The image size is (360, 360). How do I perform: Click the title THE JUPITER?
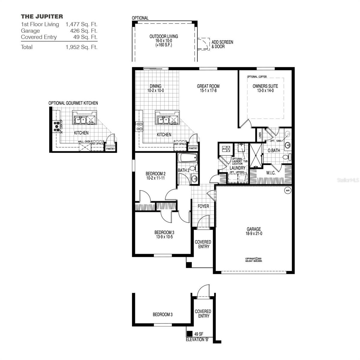(42, 16)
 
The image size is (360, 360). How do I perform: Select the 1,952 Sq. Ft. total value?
(81, 47)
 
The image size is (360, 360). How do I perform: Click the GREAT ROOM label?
(208, 86)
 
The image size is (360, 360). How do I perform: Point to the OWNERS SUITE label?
(265, 86)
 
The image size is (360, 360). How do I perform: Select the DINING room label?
(155, 86)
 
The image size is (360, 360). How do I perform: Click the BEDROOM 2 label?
(155, 173)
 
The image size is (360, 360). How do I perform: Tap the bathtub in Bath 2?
(187, 157)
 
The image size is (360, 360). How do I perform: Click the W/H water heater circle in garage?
(287, 190)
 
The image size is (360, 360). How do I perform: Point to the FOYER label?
(203, 206)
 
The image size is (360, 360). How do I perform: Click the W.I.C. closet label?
(271, 173)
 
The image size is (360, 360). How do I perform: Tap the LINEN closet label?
(260, 136)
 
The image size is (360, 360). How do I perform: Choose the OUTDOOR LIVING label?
(164, 37)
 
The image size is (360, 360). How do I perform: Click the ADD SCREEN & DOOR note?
(222, 44)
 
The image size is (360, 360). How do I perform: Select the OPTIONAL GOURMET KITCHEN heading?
(73, 103)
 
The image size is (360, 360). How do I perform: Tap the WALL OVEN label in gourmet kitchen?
(84, 141)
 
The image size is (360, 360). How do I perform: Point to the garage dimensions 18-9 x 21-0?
(254, 233)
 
